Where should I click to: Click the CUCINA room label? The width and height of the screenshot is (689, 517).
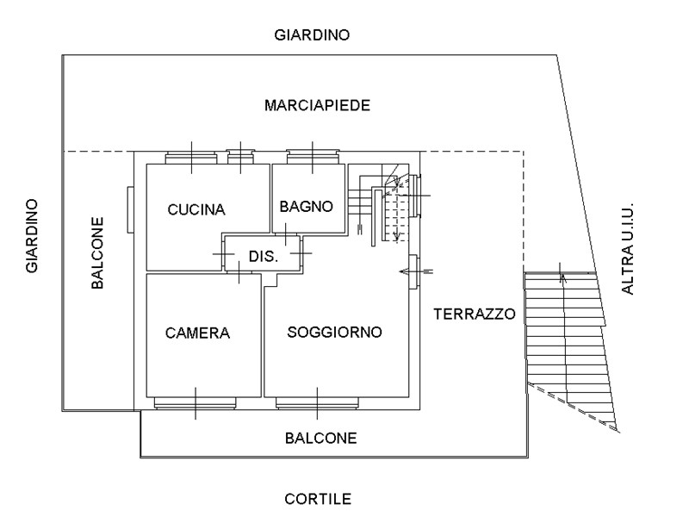coord(196,209)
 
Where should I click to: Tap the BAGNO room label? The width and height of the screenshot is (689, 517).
coord(306,207)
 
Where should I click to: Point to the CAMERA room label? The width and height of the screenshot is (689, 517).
coord(198,333)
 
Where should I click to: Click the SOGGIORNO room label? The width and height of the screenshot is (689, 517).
coord(335,333)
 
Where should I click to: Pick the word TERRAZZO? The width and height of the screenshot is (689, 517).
coord(475,314)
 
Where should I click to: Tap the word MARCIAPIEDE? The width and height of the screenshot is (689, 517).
coord(318,106)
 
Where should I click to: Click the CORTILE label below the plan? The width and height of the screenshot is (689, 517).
coord(318,499)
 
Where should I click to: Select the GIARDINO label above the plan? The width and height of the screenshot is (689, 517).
coord(312,35)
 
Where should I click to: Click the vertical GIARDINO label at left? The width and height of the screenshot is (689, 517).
coord(32,236)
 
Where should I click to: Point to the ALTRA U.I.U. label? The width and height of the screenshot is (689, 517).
coord(628,250)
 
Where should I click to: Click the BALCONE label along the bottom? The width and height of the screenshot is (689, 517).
coord(320,439)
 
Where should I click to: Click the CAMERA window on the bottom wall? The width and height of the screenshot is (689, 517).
coord(195,402)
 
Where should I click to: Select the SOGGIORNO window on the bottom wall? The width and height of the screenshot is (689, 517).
coord(316,402)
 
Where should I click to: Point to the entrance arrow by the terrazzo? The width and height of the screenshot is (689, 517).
coord(418,271)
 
